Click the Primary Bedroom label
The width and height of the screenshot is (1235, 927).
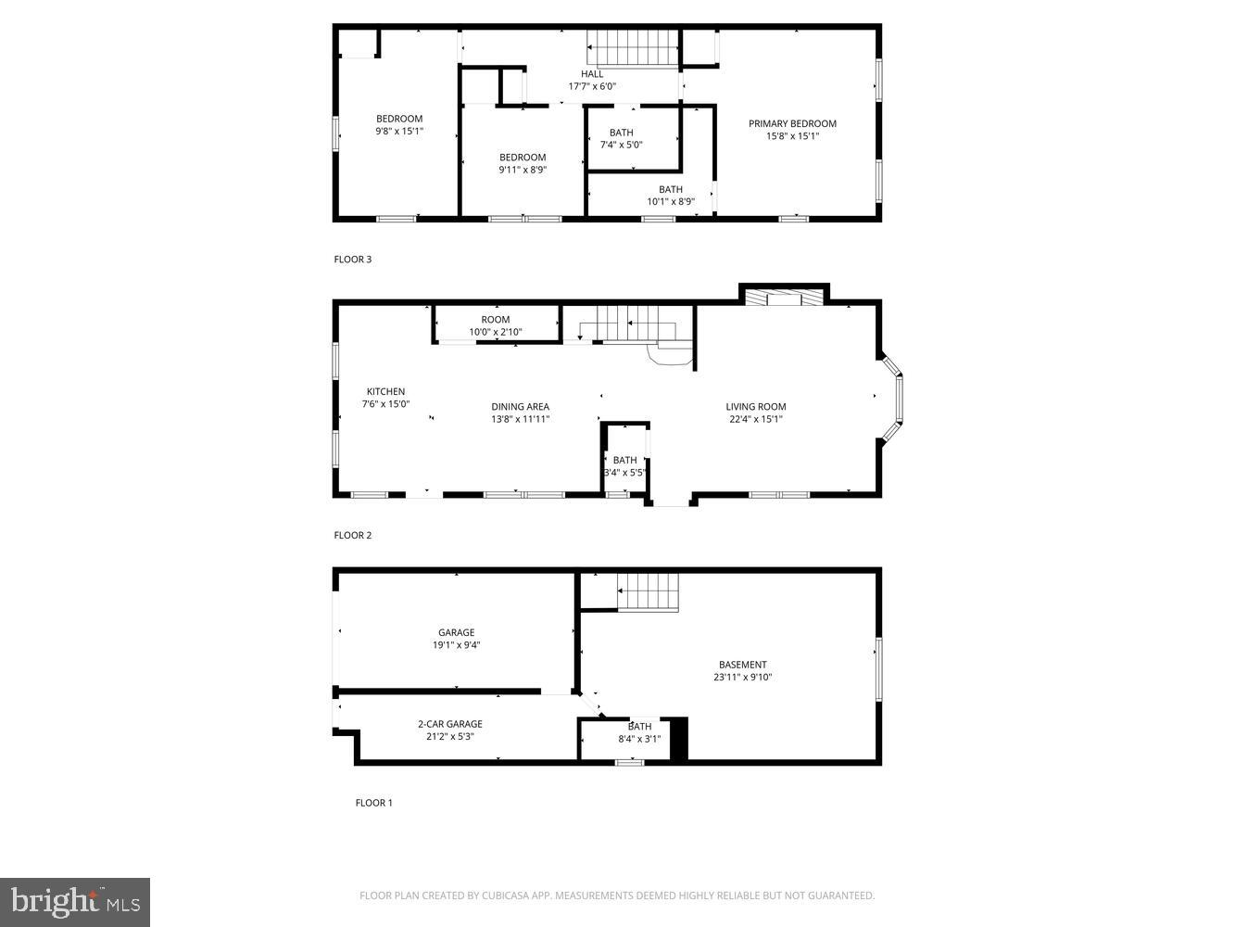tap(792, 123)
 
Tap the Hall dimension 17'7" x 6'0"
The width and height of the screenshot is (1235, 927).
tap(592, 86)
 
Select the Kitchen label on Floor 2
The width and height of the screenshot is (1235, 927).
tap(385, 391)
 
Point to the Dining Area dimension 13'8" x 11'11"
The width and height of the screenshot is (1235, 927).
tap(521, 419)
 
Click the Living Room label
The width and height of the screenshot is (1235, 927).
tap(755, 406)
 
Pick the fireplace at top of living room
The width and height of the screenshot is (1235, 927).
tap(784, 297)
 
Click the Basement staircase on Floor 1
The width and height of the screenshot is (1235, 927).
tap(649, 591)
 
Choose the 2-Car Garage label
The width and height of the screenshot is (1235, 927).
tap(449, 724)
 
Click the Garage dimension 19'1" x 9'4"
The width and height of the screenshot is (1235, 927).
tap(456, 645)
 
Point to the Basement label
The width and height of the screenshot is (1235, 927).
tap(742, 664)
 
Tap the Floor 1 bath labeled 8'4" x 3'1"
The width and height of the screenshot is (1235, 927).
tap(639, 732)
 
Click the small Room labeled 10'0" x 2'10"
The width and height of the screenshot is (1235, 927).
tap(496, 325)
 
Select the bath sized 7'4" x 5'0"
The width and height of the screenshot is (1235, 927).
tap(621, 139)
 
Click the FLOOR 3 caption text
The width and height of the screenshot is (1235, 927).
tap(352, 260)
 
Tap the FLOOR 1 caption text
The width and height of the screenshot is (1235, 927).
tap(373, 803)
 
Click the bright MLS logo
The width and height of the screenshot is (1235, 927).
tap(75, 901)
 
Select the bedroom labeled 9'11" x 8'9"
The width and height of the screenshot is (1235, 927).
tap(523, 163)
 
